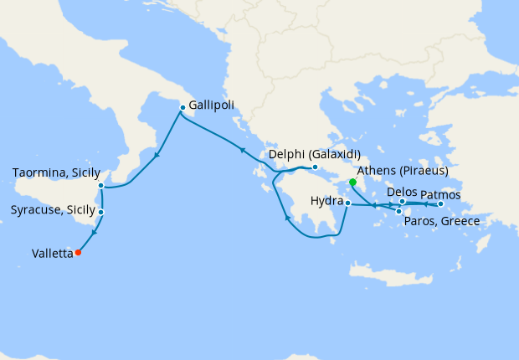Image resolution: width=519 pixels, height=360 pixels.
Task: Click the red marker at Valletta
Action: [78, 252]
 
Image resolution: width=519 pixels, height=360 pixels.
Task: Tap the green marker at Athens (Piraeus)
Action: [352, 182]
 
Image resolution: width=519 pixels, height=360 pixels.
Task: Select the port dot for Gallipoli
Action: [182, 107]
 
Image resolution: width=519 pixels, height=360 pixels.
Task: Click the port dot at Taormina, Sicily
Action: [100, 186]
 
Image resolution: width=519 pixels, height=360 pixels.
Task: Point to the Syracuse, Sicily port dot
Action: [100, 212]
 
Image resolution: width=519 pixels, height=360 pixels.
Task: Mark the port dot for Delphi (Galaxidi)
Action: [314, 167]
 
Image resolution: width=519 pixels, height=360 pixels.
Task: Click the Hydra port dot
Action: [347, 203]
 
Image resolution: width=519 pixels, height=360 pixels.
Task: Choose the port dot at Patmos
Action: [440, 203]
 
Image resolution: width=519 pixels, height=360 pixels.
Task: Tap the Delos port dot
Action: [403, 201]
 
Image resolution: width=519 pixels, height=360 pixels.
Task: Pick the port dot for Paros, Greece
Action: [399, 210]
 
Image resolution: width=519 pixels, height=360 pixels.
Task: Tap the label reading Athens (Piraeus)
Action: [403, 171]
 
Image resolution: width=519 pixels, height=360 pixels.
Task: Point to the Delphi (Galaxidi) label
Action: [314, 155]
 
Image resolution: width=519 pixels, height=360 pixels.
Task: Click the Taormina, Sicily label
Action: [56, 173]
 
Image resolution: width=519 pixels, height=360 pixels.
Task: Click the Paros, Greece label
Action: [441, 221]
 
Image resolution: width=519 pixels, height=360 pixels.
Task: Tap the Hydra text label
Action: [326, 202]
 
